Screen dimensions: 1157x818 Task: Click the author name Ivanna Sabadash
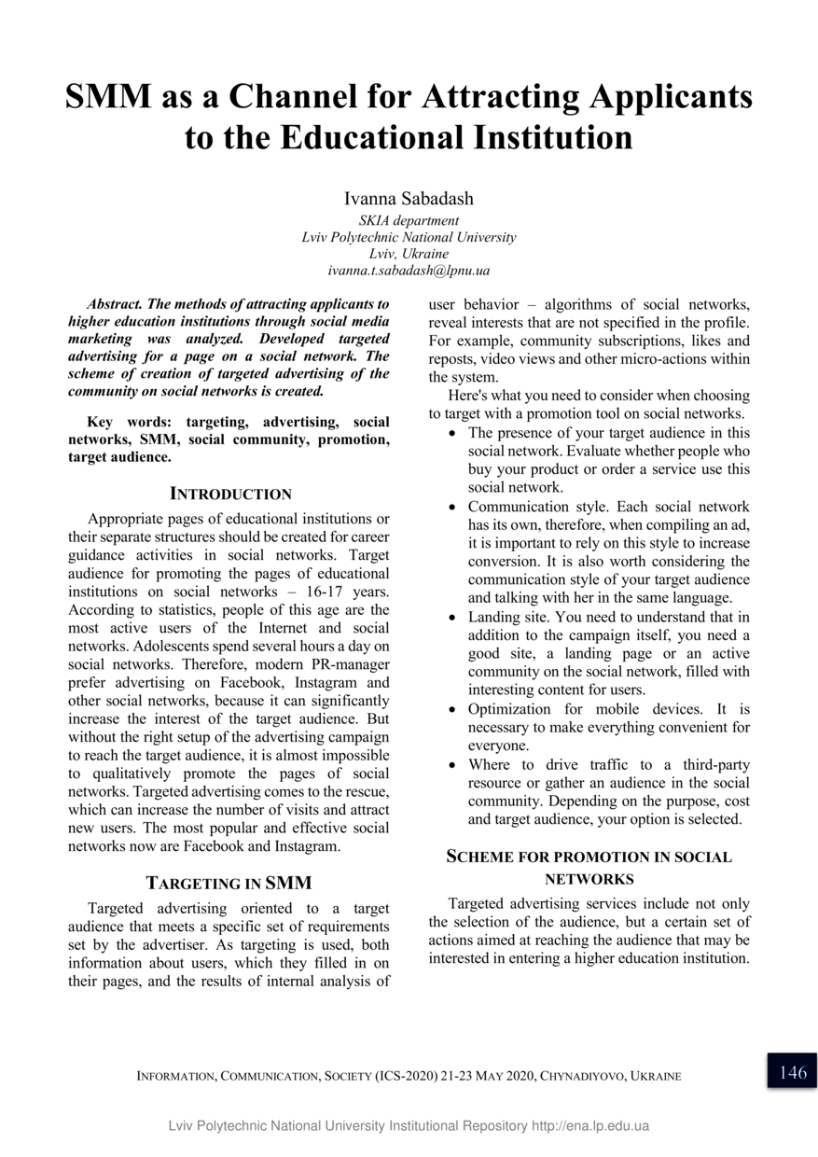coord(409,198)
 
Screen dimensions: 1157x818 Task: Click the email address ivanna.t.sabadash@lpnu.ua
coord(409,271)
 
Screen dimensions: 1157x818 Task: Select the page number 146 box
coord(792,1072)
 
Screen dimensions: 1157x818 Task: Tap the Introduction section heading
coord(230,494)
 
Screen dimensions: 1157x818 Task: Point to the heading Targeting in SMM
coord(229,883)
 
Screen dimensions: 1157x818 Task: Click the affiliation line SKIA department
coord(409,221)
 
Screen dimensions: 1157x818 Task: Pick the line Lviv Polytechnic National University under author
coord(409,237)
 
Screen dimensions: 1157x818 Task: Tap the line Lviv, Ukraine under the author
coord(409,254)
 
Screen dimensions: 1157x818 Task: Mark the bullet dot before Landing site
coord(452,619)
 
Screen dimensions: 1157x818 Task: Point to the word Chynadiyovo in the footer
coord(585,1077)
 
